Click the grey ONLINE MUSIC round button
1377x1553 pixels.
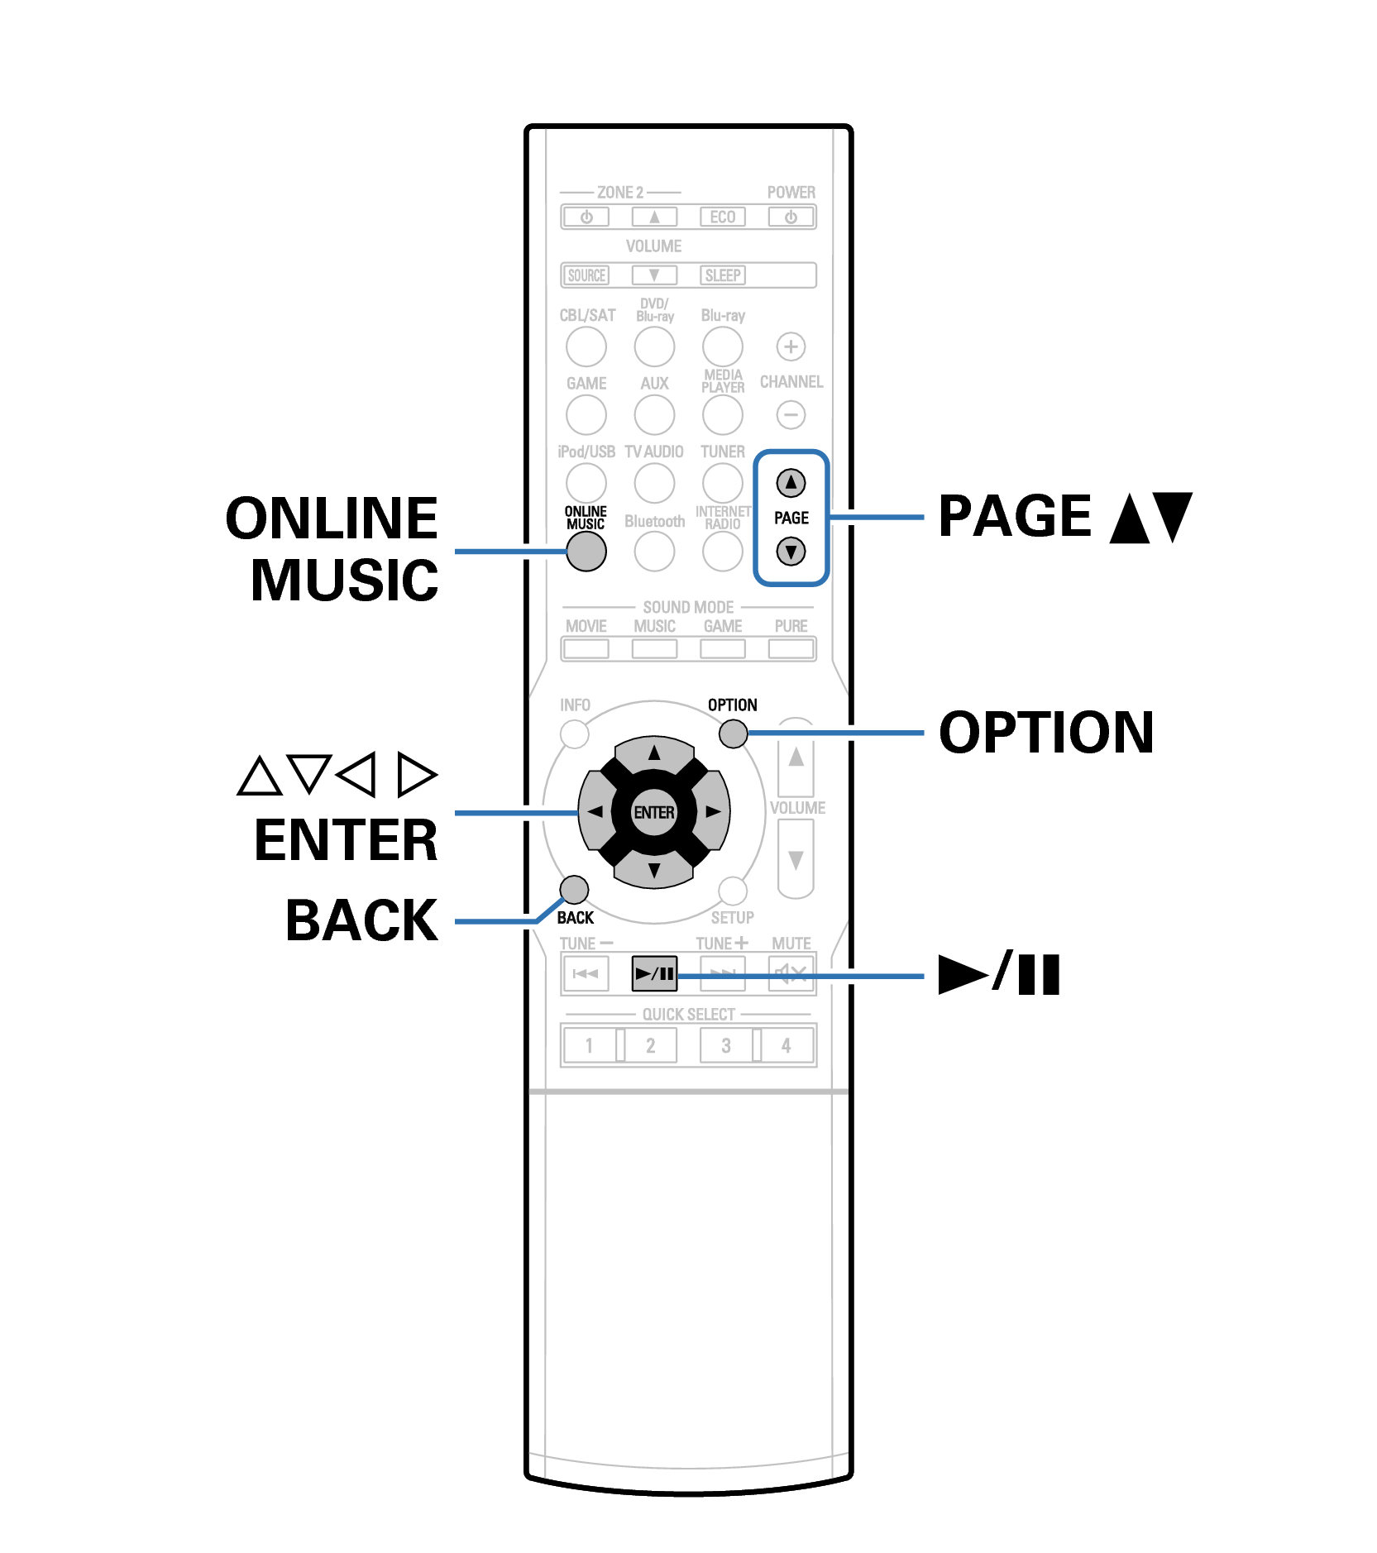pyautogui.click(x=586, y=552)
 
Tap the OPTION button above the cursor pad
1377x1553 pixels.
pyautogui.click(x=733, y=733)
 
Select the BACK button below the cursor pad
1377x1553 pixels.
pyautogui.click(x=574, y=890)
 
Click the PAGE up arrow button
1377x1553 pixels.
pyautogui.click(x=791, y=482)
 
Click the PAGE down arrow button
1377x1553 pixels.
pyautogui.click(x=791, y=551)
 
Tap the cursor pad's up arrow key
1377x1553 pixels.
pyautogui.click(x=654, y=753)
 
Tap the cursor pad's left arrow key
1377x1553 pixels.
pyautogui.click(x=594, y=812)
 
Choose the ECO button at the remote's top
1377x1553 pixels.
pyautogui.click(x=722, y=217)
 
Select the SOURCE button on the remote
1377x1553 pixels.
pyautogui.click(x=586, y=275)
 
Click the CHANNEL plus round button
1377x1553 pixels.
pyautogui.click(x=791, y=346)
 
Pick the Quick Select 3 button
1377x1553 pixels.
pyautogui.click(x=725, y=1045)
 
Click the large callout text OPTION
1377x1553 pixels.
pyautogui.click(x=1045, y=733)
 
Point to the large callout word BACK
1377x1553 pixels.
pyautogui.click(x=361, y=920)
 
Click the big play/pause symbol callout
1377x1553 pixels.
pyautogui.click(x=999, y=973)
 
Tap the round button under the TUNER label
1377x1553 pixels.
pyautogui.click(x=722, y=482)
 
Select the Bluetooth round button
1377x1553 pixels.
pyautogui.click(x=654, y=552)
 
